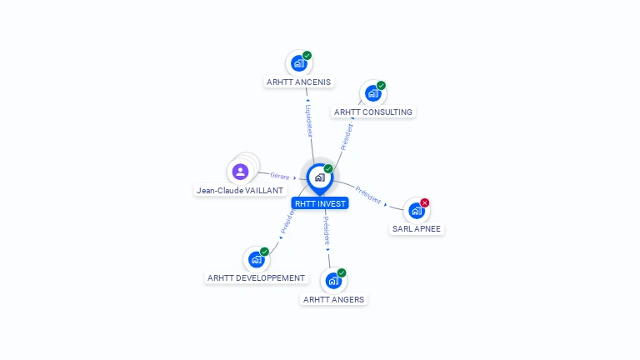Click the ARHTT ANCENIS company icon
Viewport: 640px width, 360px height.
click(x=297, y=63)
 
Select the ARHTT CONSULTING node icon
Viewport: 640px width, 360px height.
click(x=372, y=93)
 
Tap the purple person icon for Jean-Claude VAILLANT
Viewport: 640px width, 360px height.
click(x=241, y=172)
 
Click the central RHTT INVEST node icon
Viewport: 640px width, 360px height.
click(x=319, y=177)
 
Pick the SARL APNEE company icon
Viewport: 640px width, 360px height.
click(x=416, y=211)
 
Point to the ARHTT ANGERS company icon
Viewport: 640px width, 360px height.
click(x=332, y=281)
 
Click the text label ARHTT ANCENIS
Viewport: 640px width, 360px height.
click(x=299, y=82)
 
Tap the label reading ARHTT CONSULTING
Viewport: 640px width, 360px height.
click(x=373, y=112)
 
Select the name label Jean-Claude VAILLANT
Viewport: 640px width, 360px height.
click(x=240, y=190)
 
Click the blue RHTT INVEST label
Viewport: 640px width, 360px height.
click(x=320, y=203)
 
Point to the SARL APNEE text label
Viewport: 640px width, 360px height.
click(x=417, y=229)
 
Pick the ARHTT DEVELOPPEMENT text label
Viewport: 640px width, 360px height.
click(x=257, y=277)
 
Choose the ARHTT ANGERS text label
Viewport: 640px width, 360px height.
click(x=333, y=299)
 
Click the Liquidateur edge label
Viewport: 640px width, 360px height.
click(x=308, y=121)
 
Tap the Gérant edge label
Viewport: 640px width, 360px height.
click(x=279, y=176)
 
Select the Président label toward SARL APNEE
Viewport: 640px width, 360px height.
click(x=367, y=194)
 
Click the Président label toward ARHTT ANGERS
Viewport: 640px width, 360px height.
click(x=327, y=230)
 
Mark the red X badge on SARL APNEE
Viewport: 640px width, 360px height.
click(x=425, y=202)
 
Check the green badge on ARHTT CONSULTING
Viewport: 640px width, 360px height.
click(x=381, y=85)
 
